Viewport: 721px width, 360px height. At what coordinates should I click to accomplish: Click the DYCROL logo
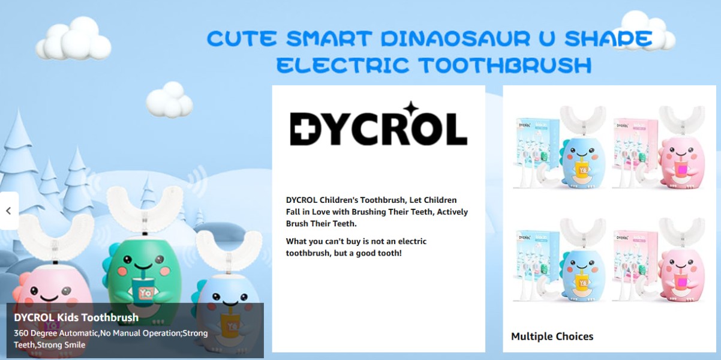[378, 128]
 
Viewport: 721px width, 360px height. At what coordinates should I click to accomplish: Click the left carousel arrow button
[8, 211]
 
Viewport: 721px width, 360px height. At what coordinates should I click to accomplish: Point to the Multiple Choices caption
[552, 337]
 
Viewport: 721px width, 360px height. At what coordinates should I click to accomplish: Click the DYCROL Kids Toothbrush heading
[76, 317]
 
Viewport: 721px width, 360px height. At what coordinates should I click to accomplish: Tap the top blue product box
[537, 150]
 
